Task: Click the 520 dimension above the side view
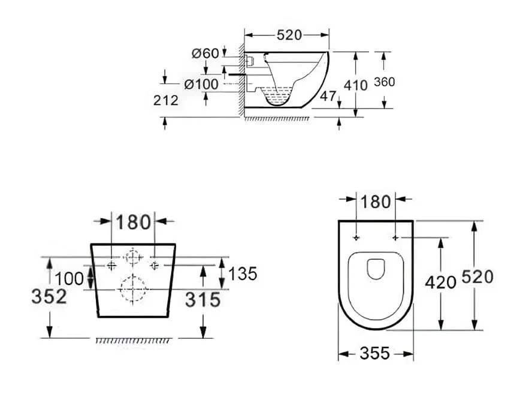click(289, 35)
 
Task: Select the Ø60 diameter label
click(205, 53)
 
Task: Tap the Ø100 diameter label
click(201, 84)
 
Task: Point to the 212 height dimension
click(165, 100)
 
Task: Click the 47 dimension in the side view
click(327, 95)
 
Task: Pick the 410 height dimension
click(356, 85)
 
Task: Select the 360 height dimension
click(384, 82)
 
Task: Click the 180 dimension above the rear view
click(133, 222)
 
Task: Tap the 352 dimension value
click(49, 296)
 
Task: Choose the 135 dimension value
click(242, 273)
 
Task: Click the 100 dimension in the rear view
click(69, 278)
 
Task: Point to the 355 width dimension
click(375, 354)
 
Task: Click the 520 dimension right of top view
click(477, 276)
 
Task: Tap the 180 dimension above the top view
click(376, 201)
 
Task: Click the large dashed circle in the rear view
click(132, 289)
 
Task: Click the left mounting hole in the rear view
click(112, 265)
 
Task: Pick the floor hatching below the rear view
click(132, 341)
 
